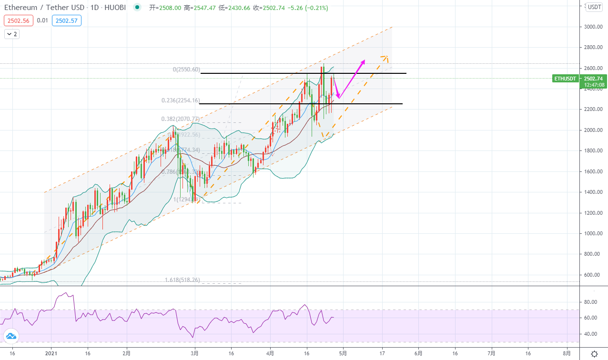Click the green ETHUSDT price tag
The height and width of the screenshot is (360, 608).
(x=565, y=79)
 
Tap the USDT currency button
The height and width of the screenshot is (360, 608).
(x=594, y=7)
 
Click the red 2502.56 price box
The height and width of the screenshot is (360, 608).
(x=18, y=20)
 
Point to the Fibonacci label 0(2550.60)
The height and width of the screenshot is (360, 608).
(x=186, y=70)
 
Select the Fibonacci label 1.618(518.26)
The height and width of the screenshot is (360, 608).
(x=182, y=280)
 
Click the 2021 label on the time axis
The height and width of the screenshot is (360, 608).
(x=51, y=354)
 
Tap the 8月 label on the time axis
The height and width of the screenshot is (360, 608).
(x=567, y=354)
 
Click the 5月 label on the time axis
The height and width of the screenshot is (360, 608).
(x=343, y=354)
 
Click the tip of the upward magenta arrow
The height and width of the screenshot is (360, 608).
(x=365, y=60)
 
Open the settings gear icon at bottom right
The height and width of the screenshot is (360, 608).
(x=594, y=354)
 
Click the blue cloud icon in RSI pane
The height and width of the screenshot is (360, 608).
(x=10, y=337)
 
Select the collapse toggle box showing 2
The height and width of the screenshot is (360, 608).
(x=12, y=34)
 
